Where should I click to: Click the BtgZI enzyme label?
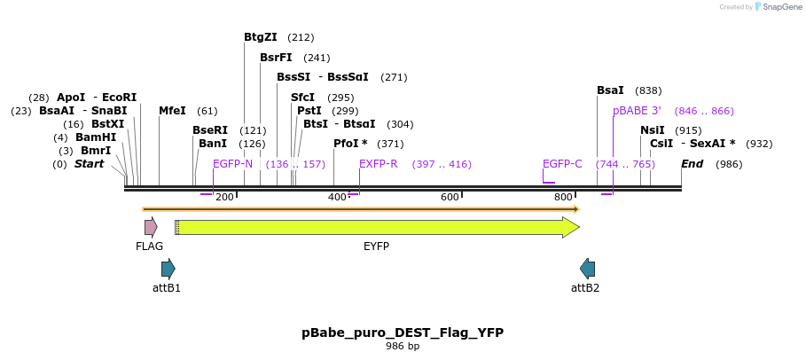tap(261, 37)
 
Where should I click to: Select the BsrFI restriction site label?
tap(276, 58)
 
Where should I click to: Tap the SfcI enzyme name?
tap(303, 98)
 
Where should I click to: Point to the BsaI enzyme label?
tap(610, 90)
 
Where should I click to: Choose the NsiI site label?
tap(653, 130)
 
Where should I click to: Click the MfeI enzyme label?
tap(172, 111)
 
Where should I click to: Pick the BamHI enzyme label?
tap(96, 137)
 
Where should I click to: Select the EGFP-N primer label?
tap(232, 164)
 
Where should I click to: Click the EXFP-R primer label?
tap(379, 164)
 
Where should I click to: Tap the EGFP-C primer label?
tap(562, 164)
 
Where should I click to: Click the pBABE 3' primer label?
tap(637, 111)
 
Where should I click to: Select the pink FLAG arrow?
tap(151, 227)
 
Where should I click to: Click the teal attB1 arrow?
tap(168, 269)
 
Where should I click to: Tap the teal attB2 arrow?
tap(587, 269)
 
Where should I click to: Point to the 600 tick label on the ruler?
tap(450, 197)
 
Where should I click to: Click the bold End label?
tap(692, 164)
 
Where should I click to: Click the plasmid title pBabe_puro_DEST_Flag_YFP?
tap(403, 333)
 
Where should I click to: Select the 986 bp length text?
tap(403, 347)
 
